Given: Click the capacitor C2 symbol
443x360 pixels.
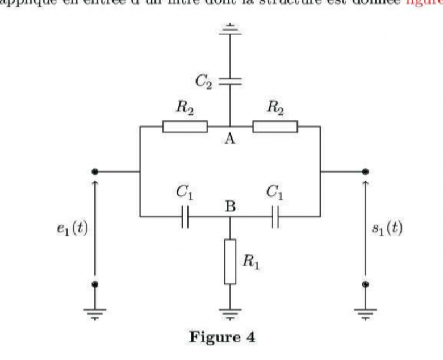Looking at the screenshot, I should click(x=230, y=82).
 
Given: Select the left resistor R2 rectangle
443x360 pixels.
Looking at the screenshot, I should click(x=185, y=126).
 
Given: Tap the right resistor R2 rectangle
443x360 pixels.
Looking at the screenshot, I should click(x=275, y=126).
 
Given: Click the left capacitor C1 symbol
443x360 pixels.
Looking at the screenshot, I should click(x=185, y=216).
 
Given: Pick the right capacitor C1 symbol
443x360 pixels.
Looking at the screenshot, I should click(x=275, y=216).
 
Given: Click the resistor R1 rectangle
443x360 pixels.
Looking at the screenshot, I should click(x=230, y=261).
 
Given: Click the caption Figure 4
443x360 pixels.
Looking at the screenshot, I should click(x=222, y=337).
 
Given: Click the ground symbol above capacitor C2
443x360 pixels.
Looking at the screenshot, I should click(x=230, y=27).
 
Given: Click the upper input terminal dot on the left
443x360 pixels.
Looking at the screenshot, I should click(x=95, y=171).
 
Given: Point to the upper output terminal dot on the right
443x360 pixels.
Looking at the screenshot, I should click(x=366, y=171).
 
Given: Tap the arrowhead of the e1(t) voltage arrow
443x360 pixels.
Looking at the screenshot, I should click(x=95, y=183).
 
